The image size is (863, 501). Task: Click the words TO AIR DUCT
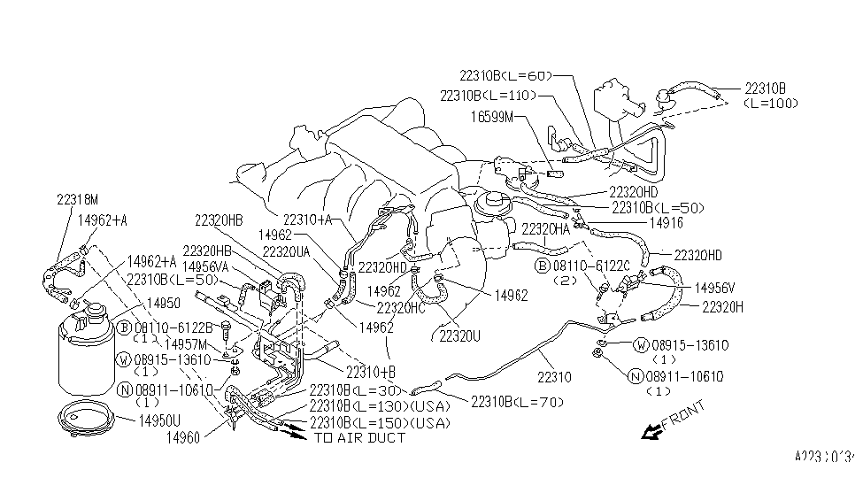click(359, 437)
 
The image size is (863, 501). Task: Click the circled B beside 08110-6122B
click(125, 328)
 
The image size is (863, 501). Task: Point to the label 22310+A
click(307, 220)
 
